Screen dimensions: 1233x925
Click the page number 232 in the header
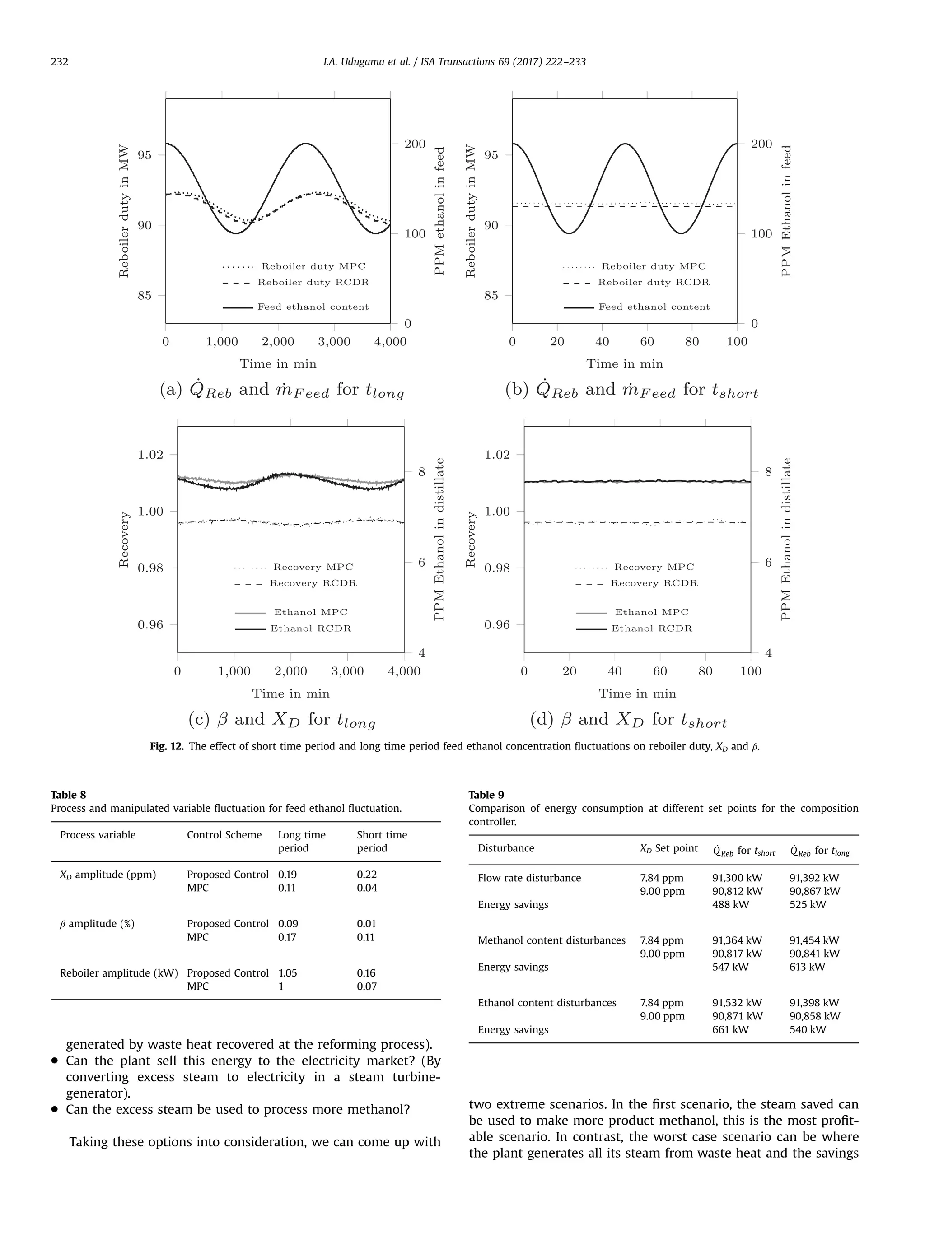59,62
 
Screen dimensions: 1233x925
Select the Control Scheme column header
224,834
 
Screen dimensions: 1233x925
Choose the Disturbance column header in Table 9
506,848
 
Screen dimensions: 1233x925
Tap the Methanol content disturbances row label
551,940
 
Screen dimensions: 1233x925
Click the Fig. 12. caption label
166,746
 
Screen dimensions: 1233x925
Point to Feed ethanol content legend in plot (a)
313,307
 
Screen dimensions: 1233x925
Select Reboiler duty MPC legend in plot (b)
654,266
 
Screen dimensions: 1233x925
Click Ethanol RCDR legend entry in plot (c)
311,628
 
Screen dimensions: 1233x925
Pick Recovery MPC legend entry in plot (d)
654,567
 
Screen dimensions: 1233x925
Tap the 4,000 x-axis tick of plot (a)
390,342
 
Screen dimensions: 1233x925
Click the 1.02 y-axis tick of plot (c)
150,454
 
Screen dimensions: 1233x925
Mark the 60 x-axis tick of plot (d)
660,671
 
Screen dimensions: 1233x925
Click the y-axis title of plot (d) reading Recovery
470,540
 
